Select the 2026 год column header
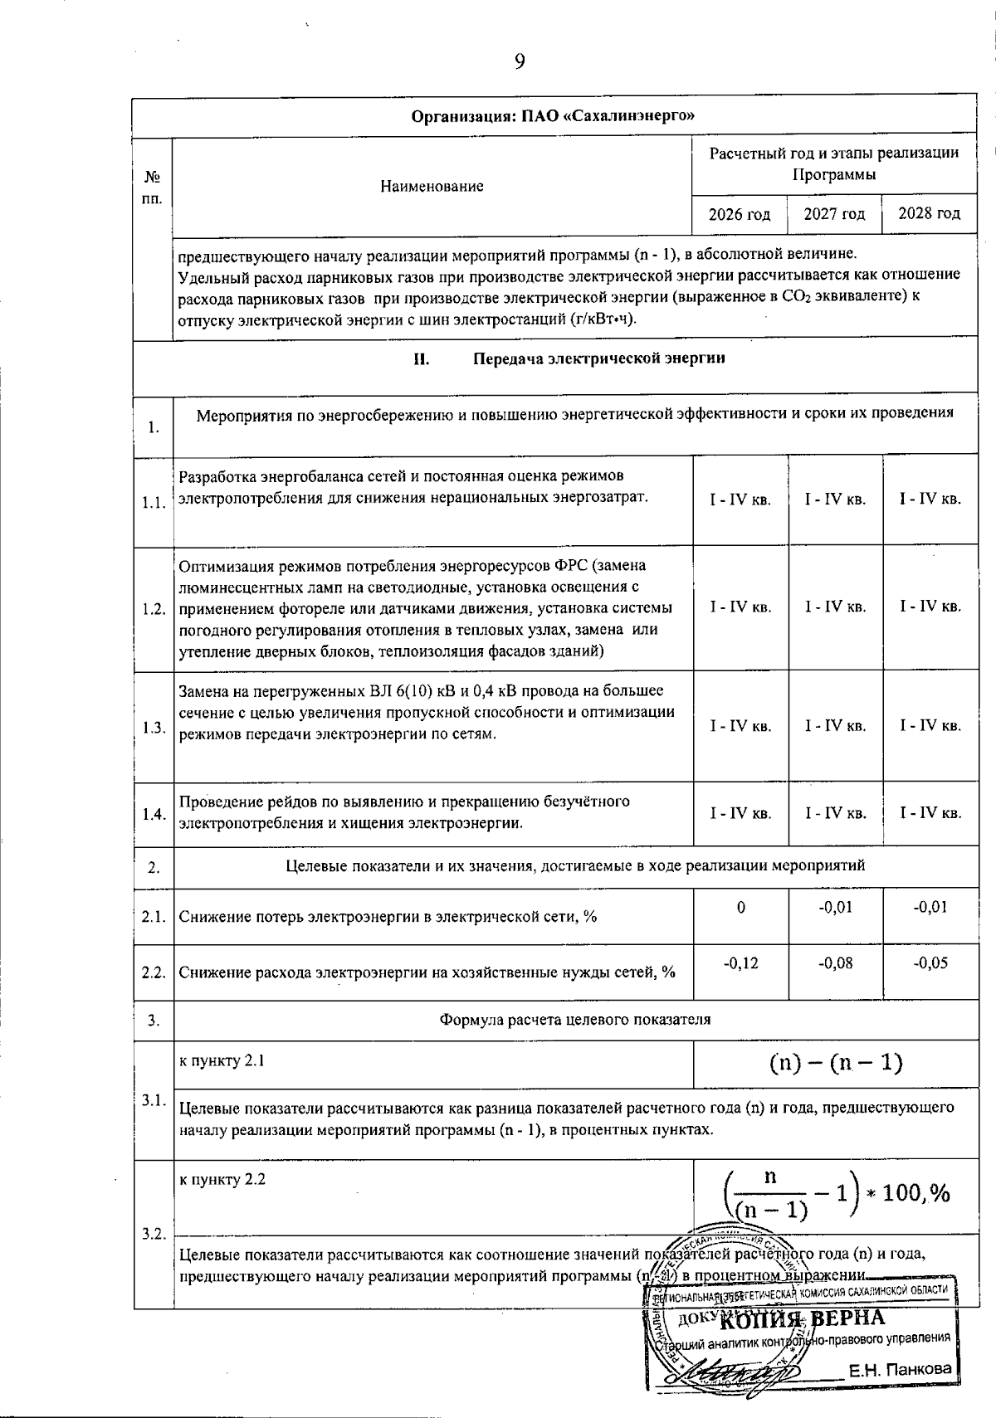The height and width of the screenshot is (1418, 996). [739, 214]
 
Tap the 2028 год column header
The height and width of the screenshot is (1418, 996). [930, 213]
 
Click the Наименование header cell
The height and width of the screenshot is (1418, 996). [432, 187]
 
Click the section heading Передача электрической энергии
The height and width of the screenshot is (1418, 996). [598, 358]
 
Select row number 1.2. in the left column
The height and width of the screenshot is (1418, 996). [154, 608]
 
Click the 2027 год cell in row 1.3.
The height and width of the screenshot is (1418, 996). [835, 726]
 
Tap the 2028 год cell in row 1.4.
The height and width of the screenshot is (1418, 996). [930, 813]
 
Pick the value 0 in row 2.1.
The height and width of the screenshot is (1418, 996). [740, 907]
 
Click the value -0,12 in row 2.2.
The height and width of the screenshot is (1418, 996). [740, 962]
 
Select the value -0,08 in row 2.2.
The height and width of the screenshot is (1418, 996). [835, 962]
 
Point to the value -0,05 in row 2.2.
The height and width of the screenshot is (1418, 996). [930, 962]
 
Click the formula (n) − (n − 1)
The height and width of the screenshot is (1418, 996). [836, 1063]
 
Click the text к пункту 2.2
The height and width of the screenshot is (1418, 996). [222, 1179]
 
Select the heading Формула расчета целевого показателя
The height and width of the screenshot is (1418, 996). [574, 1019]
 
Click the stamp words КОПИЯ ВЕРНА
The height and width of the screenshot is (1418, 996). [803, 1318]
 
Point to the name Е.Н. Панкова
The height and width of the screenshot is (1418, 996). [899, 1369]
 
